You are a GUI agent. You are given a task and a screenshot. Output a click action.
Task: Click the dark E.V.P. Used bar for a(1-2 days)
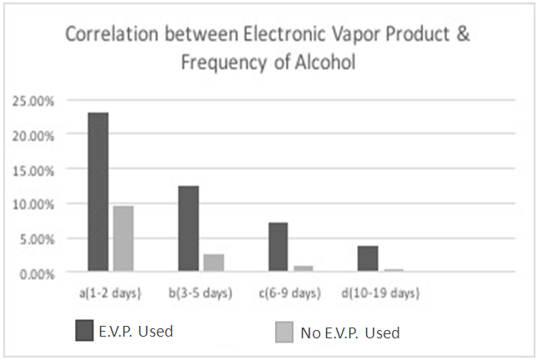point(98,192)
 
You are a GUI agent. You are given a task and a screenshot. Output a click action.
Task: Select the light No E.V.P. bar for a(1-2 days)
point(123,238)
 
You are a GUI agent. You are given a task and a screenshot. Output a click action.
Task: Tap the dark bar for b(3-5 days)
point(188,228)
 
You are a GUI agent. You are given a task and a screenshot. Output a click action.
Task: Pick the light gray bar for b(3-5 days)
point(213,262)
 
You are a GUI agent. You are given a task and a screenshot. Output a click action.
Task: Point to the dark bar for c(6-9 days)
point(279,247)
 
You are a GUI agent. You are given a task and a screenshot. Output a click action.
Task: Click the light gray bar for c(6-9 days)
point(304,268)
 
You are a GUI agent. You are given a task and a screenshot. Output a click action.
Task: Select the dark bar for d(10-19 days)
point(368,258)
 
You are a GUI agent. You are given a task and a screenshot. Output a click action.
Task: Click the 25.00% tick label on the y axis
point(33,101)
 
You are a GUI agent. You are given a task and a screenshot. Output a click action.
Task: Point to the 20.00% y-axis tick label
point(33,135)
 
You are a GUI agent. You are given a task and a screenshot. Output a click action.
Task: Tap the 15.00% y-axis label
point(33,169)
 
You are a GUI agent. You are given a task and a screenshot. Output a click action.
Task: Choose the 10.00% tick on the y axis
point(33,204)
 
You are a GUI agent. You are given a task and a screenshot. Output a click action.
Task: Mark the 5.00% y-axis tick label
point(35,238)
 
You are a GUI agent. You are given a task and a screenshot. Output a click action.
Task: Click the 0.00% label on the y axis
point(35,273)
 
